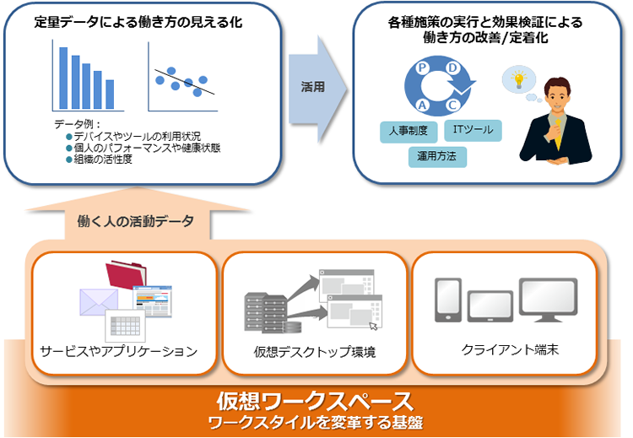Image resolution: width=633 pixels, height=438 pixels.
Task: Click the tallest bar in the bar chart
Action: [62, 78]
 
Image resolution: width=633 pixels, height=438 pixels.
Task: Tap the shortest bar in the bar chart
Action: [110, 95]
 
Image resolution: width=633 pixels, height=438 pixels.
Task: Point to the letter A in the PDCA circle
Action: [421, 104]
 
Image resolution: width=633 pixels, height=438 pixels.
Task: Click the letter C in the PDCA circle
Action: [452, 104]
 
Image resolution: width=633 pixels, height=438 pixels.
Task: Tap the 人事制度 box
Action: [408, 131]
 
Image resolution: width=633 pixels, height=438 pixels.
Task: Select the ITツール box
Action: [473, 130]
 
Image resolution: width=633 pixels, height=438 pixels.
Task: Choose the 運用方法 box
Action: [436, 155]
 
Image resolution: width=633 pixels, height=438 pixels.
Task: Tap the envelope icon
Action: [99, 300]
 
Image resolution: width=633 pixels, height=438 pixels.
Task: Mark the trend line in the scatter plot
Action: [186, 82]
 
